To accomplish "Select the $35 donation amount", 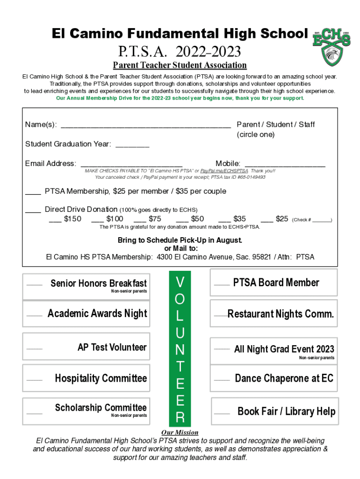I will point(233,219).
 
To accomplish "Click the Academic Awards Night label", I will point(97,313).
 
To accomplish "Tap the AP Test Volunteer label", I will point(112,347).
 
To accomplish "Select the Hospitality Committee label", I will point(101,378).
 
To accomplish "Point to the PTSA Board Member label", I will point(276,283).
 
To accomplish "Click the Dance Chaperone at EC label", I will point(284,378).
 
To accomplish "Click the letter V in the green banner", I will point(180,282).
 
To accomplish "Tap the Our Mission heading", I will point(180,432).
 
